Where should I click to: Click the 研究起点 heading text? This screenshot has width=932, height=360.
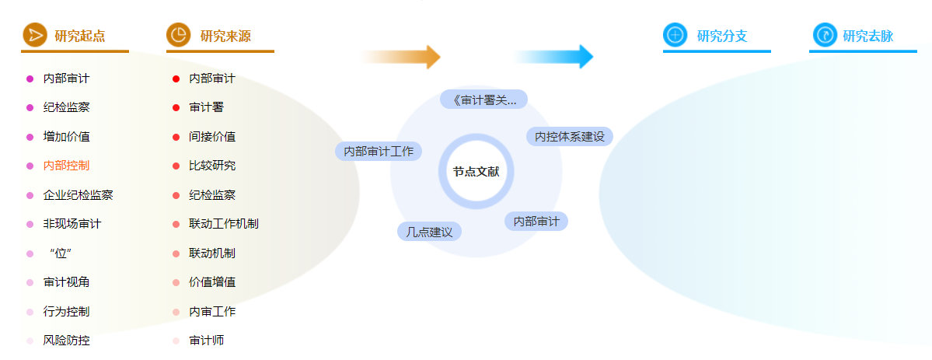click(x=79, y=37)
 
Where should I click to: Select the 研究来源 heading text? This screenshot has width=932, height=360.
click(x=225, y=37)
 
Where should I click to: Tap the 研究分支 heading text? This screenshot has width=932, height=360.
click(x=721, y=37)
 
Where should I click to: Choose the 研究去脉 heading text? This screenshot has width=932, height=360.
click(x=867, y=37)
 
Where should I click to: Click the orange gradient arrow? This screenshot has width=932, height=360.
click(x=400, y=57)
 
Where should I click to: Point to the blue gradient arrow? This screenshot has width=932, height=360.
click(x=553, y=57)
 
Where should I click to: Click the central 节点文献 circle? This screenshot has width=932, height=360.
click(x=476, y=171)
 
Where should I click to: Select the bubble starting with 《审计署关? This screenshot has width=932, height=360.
click(x=483, y=100)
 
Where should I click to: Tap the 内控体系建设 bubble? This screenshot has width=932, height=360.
click(x=570, y=136)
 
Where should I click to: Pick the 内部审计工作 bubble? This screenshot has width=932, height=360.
click(x=379, y=151)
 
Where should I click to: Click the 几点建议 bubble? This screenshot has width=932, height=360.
click(x=429, y=232)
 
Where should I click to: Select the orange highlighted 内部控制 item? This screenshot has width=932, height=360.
click(x=67, y=166)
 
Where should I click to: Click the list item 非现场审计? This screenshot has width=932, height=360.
click(x=72, y=224)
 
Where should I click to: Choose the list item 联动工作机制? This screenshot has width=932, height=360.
click(x=224, y=224)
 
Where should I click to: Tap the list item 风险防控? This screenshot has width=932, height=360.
click(x=67, y=341)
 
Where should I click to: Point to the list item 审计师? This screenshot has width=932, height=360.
click(x=206, y=341)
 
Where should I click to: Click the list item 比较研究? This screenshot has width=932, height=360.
click(x=212, y=166)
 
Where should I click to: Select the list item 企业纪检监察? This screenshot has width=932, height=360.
click(x=78, y=194)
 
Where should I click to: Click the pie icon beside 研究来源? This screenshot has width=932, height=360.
click(x=178, y=34)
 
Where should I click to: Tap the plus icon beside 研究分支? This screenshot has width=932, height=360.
click(x=675, y=34)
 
